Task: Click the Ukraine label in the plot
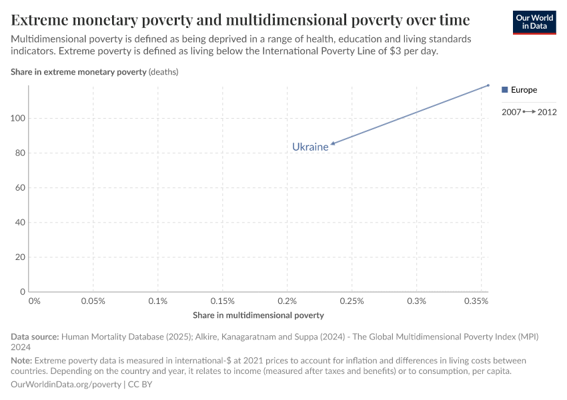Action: click(x=310, y=147)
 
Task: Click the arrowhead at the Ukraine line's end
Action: click(x=332, y=143)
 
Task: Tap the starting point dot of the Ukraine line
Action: click(x=488, y=85)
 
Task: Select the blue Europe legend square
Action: click(x=505, y=90)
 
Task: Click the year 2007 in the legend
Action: click(x=511, y=112)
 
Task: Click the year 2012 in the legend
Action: click(x=546, y=112)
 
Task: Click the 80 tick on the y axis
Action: click(x=20, y=153)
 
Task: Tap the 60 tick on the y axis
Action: click(x=20, y=188)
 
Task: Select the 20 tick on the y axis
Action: click(x=20, y=257)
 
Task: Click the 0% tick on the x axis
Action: click(x=35, y=301)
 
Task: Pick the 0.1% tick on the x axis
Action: click(x=157, y=301)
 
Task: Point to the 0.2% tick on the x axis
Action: click(x=287, y=301)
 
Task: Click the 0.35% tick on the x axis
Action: click(x=476, y=301)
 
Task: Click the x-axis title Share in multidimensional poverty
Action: click(x=258, y=315)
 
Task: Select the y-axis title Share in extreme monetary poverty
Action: click(x=78, y=72)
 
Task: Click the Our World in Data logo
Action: click(x=534, y=22)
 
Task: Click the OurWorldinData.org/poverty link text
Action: click(x=66, y=385)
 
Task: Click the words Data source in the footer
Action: click(x=35, y=337)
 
